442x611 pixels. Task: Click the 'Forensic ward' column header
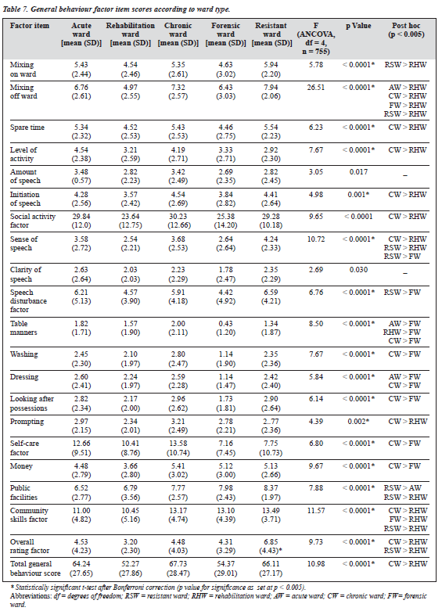click(x=225, y=34)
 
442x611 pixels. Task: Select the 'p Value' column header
click(x=358, y=26)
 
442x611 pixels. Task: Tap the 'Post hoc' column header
click(x=406, y=30)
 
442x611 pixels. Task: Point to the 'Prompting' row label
click(x=27, y=422)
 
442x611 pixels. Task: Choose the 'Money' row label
click(x=21, y=466)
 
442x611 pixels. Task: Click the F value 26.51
click(x=316, y=88)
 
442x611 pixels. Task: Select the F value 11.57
click(x=316, y=511)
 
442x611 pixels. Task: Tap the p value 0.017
click(x=358, y=172)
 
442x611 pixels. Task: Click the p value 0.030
click(x=358, y=270)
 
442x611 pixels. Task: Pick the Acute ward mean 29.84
click(x=81, y=217)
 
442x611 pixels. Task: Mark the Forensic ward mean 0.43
click(x=225, y=324)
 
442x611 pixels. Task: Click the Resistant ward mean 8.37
click(x=271, y=488)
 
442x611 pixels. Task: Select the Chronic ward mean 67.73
click(x=178, y=564)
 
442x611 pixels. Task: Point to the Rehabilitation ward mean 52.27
click(x=130, y=564)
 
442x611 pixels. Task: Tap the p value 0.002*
click(x=358, y=422)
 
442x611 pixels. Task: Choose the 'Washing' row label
click(x=23, y=354)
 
